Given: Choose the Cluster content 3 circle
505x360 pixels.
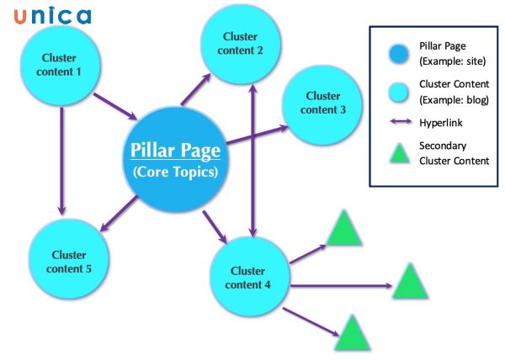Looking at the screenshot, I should (322, 103).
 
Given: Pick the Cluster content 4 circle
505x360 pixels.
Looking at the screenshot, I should (249, 278).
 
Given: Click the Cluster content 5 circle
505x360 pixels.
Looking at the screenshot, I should (68, 261).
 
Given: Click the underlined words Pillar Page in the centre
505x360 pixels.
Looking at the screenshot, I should (175, 151).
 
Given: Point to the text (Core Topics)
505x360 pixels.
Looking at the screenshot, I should (175, 173).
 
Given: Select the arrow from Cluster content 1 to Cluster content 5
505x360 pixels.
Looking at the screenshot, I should (61, 160).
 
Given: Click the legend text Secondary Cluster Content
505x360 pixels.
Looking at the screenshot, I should (454, 153).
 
